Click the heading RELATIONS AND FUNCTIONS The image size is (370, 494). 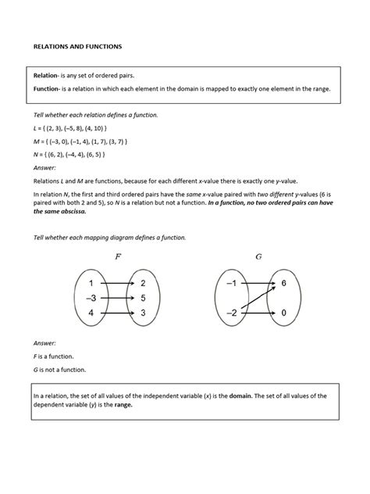pos(76,47)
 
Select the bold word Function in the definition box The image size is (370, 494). pos(48,89)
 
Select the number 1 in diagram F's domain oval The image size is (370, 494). pos(91,283)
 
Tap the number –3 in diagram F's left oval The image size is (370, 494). pos(91,298)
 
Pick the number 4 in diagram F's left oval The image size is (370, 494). pos(91,313)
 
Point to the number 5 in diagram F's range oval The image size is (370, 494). pos(144,298)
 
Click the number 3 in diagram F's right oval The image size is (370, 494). pos(144,313)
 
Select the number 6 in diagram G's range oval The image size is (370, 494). pos(284,283)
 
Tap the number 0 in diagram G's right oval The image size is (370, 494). pos(284,313)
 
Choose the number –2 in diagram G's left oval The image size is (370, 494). pos(231,313)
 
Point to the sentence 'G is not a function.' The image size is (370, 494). pos(59,369)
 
